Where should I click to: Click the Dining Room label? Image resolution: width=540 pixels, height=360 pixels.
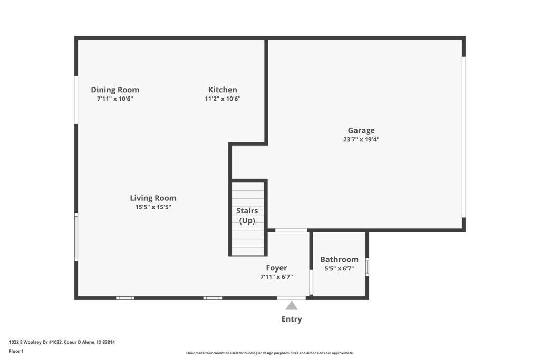[115, 90]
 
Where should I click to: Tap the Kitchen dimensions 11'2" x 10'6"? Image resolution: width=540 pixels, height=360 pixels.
[223, 99]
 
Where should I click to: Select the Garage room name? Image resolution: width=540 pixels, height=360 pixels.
[361, 130]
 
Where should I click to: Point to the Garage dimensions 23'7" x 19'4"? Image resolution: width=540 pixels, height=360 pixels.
[361, 139]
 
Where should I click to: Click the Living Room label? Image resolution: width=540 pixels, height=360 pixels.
[153, 198]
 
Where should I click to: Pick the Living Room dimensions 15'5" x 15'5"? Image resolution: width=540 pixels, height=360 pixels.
[153, 207]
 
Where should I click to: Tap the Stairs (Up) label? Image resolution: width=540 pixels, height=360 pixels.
[247, 216]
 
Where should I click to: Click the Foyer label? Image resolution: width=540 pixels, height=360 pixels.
[276, 268]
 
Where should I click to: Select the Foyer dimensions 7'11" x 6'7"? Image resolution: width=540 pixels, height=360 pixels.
[276, 277]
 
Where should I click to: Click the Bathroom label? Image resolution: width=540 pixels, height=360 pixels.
[339, 259]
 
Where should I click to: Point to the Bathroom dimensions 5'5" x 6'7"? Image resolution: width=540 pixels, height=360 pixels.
[339, 268]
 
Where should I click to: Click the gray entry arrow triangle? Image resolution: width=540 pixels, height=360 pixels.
[291, 306]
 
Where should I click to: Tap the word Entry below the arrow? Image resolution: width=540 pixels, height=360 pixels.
[292, 319]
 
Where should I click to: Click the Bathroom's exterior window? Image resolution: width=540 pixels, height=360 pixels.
[367, 267]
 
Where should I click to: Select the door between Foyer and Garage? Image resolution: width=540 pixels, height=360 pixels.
[291, 230]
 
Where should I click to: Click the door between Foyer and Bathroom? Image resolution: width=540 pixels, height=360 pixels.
[311, 282]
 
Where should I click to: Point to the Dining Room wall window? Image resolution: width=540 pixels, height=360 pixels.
[76, 100]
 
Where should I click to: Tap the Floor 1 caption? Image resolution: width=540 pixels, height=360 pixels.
[16, 351]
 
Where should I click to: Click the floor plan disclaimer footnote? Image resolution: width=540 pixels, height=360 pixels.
[270, 353]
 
